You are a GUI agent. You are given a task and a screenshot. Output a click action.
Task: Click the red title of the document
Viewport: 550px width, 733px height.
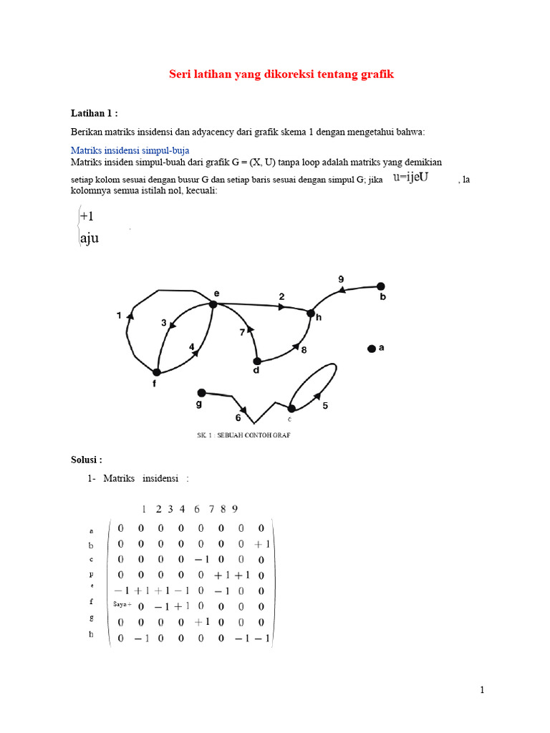pos(281,74)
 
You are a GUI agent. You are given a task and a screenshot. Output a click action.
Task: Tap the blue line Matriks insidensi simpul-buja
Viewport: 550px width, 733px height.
pos(129,150)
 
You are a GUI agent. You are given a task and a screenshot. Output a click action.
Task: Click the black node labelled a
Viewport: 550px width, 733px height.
pos(371,349)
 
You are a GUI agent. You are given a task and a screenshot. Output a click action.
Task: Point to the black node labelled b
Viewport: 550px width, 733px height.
pos(381,286)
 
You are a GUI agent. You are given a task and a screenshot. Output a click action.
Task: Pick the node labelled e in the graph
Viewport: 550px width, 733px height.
pos(213,304)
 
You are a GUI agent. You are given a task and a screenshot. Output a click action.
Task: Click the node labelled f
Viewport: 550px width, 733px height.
pos(155,372)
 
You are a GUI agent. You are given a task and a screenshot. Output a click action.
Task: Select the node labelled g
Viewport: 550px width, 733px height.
pos(201,392)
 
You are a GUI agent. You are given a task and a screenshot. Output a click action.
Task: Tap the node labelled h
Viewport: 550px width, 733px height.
pos(311,313)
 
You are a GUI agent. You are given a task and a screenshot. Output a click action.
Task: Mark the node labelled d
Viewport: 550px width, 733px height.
pos(256,361)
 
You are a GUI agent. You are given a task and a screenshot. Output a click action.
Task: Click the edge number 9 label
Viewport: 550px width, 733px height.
pos(341,278)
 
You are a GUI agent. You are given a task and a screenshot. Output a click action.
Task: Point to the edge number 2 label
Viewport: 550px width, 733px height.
pos(281,296)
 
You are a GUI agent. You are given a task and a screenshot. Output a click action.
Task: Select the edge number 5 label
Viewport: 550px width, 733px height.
pos(325,407)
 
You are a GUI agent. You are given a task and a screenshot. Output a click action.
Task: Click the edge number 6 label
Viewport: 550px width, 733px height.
pos(238,418)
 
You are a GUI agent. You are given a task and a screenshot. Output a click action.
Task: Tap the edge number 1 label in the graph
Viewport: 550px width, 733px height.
pos(119,316)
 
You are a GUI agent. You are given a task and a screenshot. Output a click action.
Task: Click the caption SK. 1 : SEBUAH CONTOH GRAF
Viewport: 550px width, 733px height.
pos(243,435)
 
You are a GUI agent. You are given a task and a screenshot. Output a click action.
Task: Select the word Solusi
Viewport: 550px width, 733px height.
pos(86,459)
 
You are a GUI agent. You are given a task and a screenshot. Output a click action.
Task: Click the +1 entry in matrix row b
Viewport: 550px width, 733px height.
pos(261,545)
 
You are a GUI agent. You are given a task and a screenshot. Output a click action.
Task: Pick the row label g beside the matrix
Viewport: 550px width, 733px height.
pos(91,616)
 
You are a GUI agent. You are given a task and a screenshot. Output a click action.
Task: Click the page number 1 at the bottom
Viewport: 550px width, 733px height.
pos(482,690)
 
